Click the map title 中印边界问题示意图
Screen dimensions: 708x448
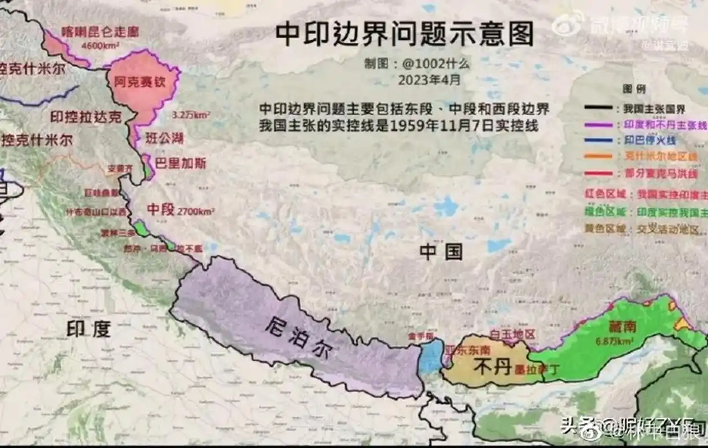(x=404, y=35)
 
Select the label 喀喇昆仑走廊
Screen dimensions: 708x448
(x=100, y=31)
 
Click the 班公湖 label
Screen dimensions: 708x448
(x=164, y=138)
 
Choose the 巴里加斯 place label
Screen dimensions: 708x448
(x=181, y=164)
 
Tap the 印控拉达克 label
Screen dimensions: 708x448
(x=85, y=117)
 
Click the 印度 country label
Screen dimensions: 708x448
(x=89, y=329)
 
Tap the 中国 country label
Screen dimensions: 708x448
(x=441, y=252)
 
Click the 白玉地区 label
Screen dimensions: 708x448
(x=512, y=334)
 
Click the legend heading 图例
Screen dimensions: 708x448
(x=634, y=89)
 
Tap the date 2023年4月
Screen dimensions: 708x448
(x=429, y=80)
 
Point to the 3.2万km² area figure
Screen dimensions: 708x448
(x=191, y=115)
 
